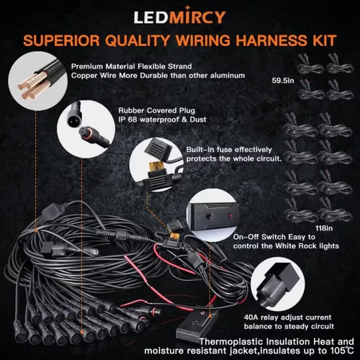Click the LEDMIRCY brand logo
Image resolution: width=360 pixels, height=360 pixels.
coord(179,15)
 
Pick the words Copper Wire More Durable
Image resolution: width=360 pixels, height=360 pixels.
coord(119,75)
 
